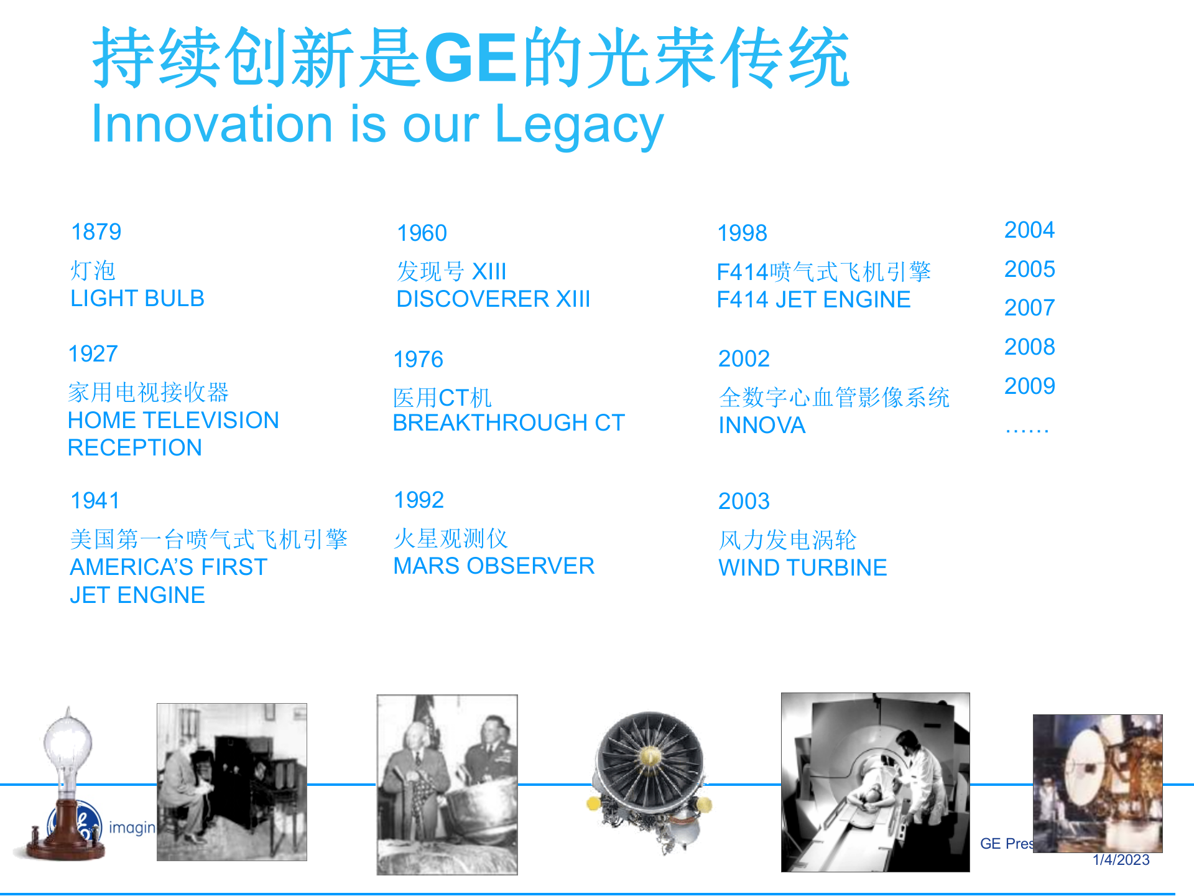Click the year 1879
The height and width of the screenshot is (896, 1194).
pos(96,232)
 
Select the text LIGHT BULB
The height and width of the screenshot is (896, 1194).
pos(137,299)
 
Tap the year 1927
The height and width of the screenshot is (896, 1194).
pos(93,354)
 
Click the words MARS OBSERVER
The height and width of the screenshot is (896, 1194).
pos(494,566)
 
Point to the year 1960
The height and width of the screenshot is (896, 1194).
pos(422,233)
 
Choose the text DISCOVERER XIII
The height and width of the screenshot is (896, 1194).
pos(493,299)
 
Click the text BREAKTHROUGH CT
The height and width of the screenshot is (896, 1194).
pos(508,423)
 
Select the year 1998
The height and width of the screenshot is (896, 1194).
pos(742,233)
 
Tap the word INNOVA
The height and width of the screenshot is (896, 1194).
pos(762,426)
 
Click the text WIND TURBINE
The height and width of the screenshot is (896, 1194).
pos(802,568)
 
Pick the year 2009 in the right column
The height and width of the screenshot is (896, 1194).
pos(1029,386)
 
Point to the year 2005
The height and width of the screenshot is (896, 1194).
pos(1029,269)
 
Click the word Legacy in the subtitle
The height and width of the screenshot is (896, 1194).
pos(579,125)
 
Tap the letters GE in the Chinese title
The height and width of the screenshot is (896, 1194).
pos(471,58)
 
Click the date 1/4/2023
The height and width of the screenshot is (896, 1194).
pos(1121,860)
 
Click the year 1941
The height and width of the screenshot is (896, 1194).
pos(95,501)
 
